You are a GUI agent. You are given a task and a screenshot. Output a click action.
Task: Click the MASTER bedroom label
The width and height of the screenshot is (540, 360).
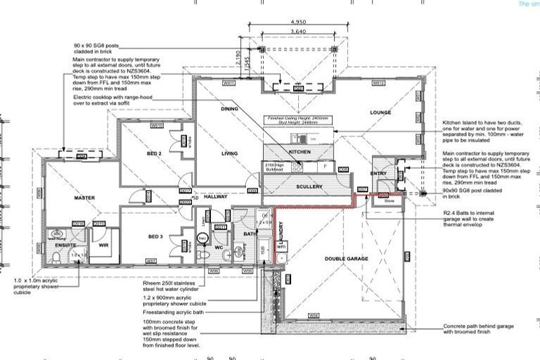click(84, 198)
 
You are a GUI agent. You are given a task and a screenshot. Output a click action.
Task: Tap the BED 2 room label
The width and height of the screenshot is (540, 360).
click(155, 153)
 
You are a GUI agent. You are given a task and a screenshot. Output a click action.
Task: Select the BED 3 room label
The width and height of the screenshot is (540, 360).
click(155, 237)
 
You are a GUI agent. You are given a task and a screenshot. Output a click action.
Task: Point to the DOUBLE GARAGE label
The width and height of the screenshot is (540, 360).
click(346, 259)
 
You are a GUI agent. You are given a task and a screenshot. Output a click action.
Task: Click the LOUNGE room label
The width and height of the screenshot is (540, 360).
click(380, 112)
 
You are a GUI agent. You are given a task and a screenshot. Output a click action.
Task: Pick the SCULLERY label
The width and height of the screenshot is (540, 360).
click(309, 187)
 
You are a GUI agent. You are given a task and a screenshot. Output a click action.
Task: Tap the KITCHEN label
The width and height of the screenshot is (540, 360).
click(300, 152)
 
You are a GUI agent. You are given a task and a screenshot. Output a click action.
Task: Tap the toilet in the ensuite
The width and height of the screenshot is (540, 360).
click(56, 258)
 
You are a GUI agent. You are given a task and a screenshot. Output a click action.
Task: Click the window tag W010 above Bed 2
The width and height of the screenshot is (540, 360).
click(157, 125)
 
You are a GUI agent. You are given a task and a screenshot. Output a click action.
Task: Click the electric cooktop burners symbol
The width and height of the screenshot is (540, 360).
click(297, 167)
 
